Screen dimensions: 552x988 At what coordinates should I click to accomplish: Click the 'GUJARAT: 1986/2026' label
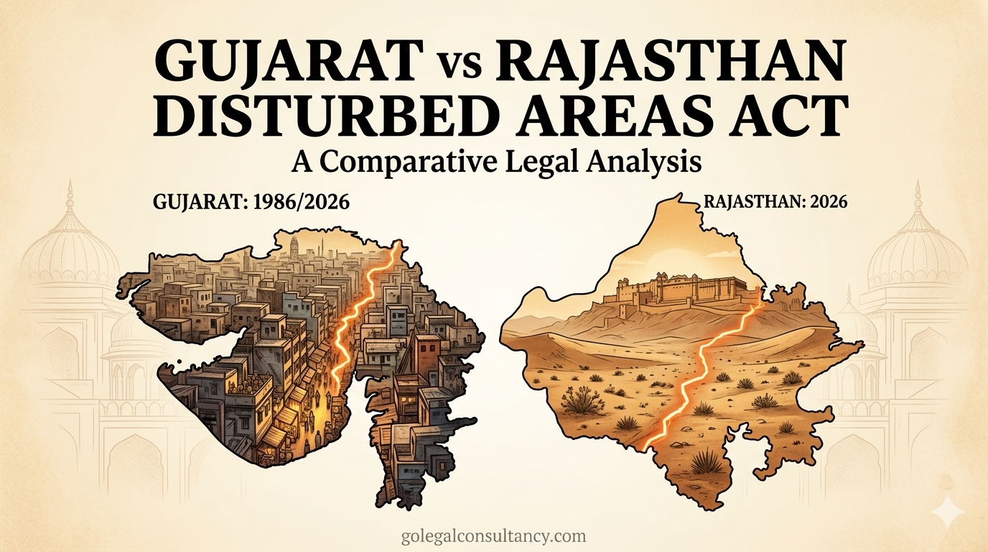(x=251, y=203)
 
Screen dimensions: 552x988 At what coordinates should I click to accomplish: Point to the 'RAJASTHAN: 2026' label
(x=776, y=202)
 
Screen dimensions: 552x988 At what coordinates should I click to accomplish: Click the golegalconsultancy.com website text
(x=494, y=535)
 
